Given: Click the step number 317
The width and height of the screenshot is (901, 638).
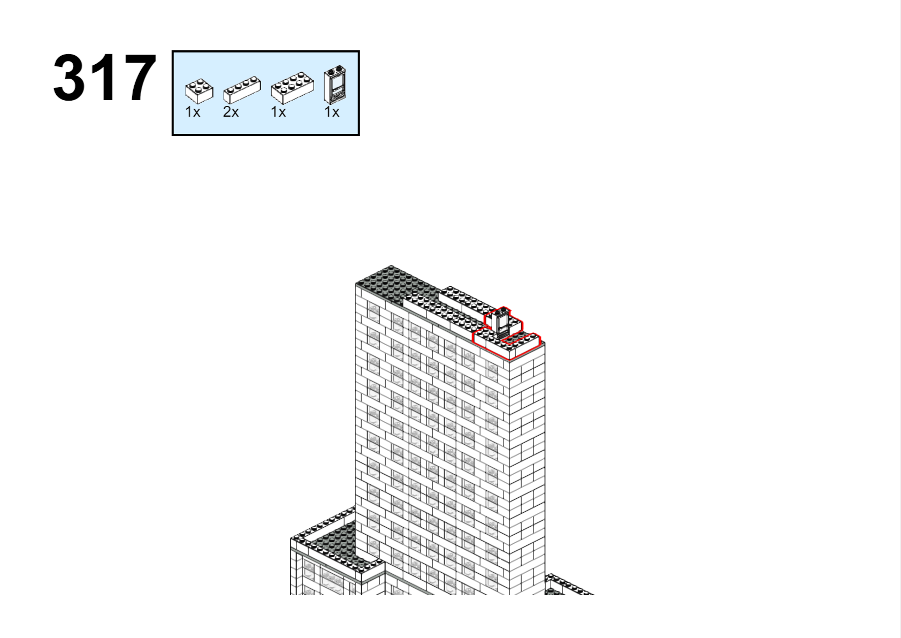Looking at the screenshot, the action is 104,78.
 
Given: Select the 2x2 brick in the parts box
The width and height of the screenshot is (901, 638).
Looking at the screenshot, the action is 199,91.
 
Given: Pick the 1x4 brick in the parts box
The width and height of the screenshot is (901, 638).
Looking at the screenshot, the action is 242,90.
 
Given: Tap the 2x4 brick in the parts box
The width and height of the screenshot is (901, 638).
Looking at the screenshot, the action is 293,88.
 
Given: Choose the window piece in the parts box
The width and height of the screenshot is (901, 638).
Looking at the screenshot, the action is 335,85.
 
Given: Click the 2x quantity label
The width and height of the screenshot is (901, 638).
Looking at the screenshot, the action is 231,112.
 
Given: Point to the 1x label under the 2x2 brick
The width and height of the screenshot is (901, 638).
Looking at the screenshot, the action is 193,112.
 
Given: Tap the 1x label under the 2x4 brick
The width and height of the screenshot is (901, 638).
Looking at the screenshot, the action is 278,112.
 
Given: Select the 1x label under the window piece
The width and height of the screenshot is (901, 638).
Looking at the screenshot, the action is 332,112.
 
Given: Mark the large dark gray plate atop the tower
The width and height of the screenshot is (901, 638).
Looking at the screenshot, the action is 396,284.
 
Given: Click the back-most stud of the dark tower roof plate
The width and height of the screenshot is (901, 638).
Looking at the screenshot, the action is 391,268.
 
